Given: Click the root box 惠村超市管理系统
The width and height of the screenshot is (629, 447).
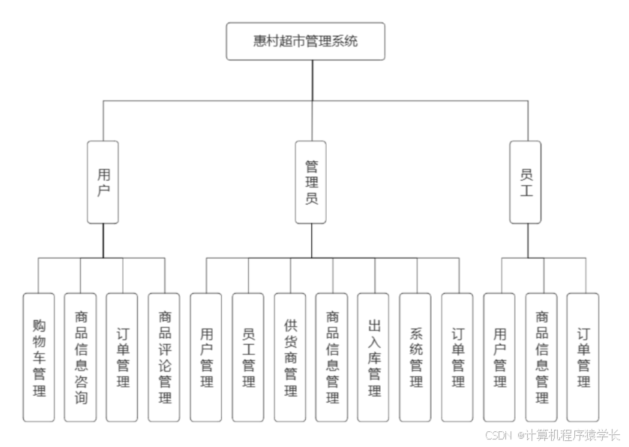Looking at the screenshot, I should [305, 41].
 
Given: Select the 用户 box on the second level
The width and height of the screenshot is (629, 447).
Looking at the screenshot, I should [103, 182].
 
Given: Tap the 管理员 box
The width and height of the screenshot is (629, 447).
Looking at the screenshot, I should [310, 182].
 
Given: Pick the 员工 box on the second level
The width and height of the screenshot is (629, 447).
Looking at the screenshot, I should [526, 182].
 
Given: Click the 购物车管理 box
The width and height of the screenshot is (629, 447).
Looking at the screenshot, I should [39, 357].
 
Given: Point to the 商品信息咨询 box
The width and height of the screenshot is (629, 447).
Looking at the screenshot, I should [80, 357].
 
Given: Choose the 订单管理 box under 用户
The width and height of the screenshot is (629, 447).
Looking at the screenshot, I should [122, 357].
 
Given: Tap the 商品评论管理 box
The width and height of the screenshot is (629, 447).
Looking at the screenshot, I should [164, 357].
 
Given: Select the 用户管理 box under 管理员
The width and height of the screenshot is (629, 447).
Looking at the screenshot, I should [206, 357].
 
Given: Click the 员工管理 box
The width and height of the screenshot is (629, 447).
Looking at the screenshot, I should [248, 357].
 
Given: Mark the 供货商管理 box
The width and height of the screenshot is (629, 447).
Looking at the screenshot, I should [290, 357].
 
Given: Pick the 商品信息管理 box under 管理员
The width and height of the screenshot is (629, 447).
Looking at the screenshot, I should [332, 357].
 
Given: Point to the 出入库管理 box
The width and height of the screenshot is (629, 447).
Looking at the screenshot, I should [373, 357].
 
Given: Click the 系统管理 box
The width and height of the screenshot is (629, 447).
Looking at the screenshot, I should [415, 357].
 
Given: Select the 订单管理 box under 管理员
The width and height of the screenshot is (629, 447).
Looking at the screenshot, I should [457, 357].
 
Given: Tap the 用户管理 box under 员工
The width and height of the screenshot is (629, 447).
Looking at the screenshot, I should [499, 357].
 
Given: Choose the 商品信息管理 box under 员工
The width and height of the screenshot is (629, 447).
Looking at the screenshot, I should [541, 357].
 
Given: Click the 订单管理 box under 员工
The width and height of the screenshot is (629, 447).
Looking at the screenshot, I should [583, 357].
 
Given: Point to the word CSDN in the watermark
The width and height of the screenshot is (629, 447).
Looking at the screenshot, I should [498, 435].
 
